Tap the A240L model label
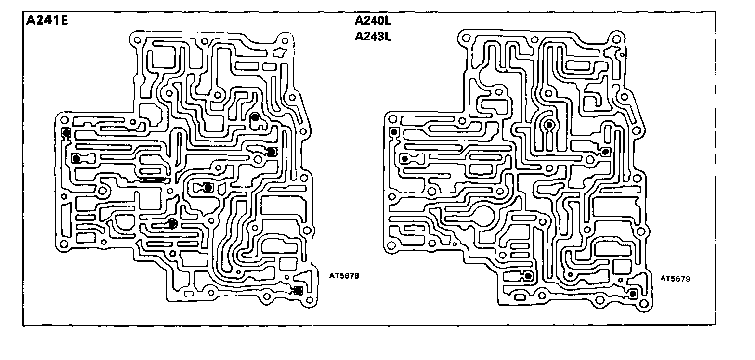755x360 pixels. click(372, 21)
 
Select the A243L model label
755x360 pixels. click(372, 37)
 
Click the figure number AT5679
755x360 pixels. click(675, 278)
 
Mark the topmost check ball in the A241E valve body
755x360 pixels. click(255, 116)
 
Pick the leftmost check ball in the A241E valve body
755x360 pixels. click(66, 132)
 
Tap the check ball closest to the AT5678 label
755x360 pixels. click(298, 290)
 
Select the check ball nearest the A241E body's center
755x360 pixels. click(208, 187)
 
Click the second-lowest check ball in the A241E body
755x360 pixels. click(172, 223)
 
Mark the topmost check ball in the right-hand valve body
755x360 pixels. click(549, 125)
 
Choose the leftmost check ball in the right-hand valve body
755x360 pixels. click(394, 132)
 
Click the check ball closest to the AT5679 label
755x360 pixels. click(633, 293)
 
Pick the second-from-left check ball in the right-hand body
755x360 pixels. click(404, 158)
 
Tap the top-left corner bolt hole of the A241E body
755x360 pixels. click(136, 39)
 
